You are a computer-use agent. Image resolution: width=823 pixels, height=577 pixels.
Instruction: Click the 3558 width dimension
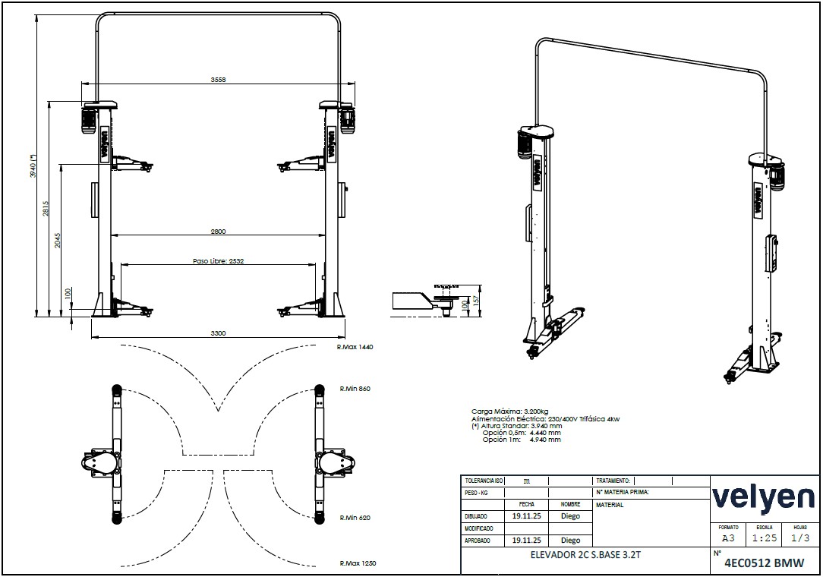pos(218,80)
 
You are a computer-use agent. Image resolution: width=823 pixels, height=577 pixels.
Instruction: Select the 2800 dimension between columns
pos(218,231)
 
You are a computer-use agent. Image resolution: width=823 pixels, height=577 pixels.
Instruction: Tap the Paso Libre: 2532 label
pos(219,261)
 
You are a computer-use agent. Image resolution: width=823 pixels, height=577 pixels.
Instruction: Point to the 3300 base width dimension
pos(218,333)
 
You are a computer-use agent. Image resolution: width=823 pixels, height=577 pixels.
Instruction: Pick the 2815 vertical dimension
pos(46,208)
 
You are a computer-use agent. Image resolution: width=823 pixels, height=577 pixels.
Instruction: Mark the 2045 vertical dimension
pos(58,241)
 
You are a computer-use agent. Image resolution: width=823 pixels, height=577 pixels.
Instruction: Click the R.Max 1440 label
pos(355,347)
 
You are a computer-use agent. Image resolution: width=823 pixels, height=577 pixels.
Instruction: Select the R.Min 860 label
pos(355,389)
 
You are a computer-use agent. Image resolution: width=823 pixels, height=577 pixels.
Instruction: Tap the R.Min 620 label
pos(355,518)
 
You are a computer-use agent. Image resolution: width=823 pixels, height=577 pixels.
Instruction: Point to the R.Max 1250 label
pos(358,563)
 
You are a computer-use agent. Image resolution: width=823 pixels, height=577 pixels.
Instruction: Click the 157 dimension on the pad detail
pos(476,300)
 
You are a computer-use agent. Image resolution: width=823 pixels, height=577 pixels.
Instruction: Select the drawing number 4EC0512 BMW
pos(764,563)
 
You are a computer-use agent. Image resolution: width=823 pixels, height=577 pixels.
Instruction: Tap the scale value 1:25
pos(765,538)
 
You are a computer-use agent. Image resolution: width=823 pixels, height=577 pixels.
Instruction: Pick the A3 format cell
pos(729,538)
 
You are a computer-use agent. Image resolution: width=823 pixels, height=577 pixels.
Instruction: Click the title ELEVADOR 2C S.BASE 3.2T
pos(585,554)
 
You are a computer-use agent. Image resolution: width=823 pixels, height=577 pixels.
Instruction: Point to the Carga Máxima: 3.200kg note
pos(510,411)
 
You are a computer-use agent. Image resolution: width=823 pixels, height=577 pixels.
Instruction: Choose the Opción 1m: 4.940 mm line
pos(522,440)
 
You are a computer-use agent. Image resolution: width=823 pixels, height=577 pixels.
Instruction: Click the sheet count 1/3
pos(800,538)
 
